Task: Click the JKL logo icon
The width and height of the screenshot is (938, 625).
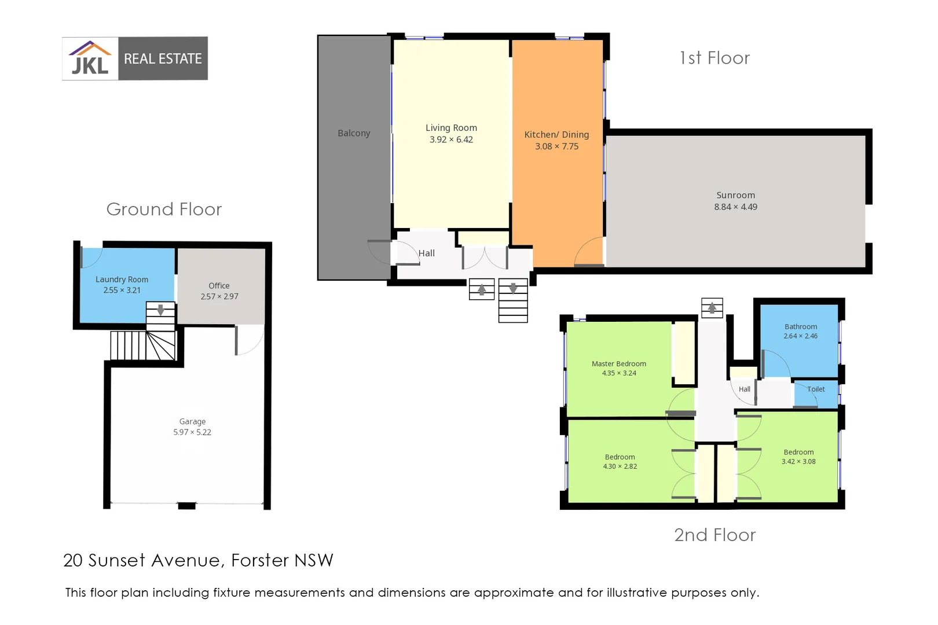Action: (90, 58)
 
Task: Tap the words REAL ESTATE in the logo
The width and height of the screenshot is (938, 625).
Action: (163, 58)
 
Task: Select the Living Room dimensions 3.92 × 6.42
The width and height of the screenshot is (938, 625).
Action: (451, 139)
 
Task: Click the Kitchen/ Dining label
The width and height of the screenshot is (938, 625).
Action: (556, 134)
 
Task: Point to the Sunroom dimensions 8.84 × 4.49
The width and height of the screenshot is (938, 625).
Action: (735, 207)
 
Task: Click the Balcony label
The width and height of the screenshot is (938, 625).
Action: (354, 133)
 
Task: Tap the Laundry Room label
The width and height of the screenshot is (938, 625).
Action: (122, 280)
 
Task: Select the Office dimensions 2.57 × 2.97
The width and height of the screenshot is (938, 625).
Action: (219, 296)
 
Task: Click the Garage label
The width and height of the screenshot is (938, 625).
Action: (192, 421)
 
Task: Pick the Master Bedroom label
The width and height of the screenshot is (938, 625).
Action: (618, 363)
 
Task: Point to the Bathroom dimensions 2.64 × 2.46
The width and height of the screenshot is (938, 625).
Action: (800, 336)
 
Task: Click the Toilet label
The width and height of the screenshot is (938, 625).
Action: (816, 389)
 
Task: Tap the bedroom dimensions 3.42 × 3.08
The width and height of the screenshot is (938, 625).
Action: (798, 461)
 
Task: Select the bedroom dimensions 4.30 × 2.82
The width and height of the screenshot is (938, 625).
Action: (620, 466)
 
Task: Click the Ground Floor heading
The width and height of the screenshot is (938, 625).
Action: (164, 209)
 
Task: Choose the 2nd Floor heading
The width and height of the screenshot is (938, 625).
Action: (715, 535)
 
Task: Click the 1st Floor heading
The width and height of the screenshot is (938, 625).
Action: (715, 58)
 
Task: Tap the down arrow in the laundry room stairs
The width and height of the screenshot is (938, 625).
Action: (160, 310)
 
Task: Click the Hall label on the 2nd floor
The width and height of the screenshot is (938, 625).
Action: (744, 389)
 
